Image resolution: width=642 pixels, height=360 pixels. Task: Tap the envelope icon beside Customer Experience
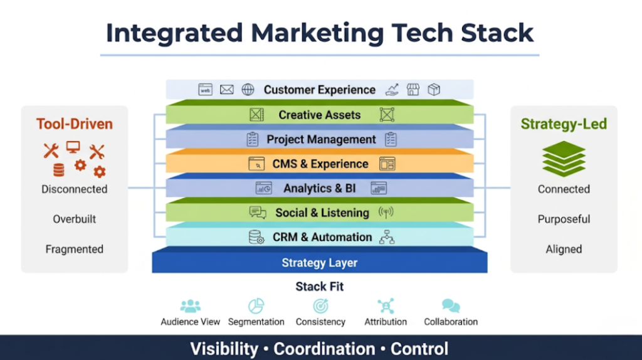point(226,90)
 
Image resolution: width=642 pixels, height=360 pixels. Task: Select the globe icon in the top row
point(248,90)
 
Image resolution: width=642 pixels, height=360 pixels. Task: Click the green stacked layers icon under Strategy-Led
point(564,159)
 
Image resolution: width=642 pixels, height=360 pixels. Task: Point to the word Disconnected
point(75,189)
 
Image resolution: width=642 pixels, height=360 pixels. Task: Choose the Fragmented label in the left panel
point(75,249)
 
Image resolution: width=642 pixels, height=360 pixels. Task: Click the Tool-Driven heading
point(75,124)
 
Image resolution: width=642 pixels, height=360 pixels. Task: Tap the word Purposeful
point(564,219)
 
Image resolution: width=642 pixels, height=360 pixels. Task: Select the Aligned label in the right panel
point(564,249)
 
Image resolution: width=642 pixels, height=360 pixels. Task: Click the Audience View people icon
point(191,306)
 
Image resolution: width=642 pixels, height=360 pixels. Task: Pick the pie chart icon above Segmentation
point(256,306)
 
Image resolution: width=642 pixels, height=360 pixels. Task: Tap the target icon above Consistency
point(320,306)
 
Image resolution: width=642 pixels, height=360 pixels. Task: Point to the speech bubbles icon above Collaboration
point(451,306)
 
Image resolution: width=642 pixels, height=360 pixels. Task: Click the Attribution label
point(386,322)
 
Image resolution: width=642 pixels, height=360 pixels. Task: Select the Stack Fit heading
point(319,287)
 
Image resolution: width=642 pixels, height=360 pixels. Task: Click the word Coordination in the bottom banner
point(324,349)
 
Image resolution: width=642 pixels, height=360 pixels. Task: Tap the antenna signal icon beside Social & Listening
point(386,213)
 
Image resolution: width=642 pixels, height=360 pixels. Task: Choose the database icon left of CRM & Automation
point(256,237)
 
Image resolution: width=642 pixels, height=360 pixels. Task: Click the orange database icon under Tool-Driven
point(59,170)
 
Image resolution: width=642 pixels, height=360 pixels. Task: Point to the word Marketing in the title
point(317,33)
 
